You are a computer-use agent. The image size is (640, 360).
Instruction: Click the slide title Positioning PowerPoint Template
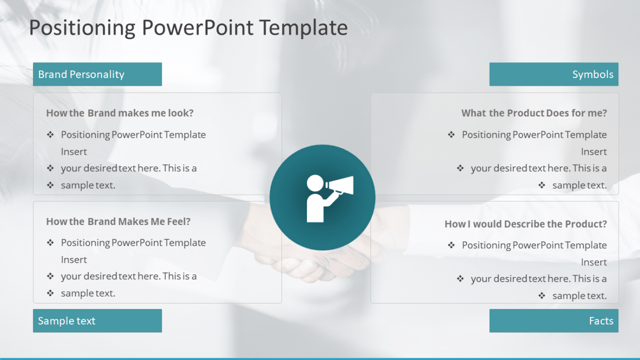tap(188, 28)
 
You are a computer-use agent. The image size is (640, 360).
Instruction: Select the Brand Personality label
tap(81, 74)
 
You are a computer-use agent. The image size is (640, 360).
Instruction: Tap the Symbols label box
tap(554, 74)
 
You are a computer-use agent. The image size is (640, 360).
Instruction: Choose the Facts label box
tap(554, 321)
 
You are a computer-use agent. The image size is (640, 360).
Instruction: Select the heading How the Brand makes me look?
tap(120, 113)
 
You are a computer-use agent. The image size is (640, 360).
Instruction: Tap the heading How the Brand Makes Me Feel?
tap(118, 221)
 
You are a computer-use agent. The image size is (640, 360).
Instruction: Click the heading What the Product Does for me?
tap(534, 113)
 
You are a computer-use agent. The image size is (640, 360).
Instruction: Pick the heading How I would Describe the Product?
tap(526, 224)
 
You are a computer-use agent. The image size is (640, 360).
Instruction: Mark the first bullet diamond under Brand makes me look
tap(50, 134)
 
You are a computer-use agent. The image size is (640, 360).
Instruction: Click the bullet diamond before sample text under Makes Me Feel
tap(50, 293)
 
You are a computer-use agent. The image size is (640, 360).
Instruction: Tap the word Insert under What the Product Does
tap(594, 152)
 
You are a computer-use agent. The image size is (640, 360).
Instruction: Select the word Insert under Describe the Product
tap(594, 262)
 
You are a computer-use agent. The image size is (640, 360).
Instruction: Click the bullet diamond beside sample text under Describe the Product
tap(541, 295)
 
